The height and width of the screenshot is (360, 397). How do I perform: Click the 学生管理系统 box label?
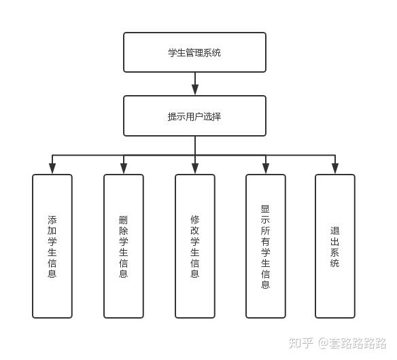(x=194, y=52)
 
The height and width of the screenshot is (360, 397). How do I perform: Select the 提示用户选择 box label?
(x=194, y=117)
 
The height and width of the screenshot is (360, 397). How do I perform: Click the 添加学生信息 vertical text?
(x=52, y=247)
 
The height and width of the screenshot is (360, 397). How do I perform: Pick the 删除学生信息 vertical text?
(x=123, y=247)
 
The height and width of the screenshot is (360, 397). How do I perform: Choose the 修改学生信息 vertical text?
(x=194, y=247)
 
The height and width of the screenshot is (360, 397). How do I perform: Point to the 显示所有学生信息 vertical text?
(x=265, y=247)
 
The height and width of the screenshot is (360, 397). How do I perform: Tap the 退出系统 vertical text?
(x=334, y=247)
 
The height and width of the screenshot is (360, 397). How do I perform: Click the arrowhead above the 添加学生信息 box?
(x=52, y=168)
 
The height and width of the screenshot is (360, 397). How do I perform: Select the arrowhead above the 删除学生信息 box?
(x=124, y=168)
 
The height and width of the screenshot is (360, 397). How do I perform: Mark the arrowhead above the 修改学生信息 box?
(x=195, y=168)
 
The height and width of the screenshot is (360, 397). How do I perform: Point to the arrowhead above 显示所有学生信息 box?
(x=266, y=168)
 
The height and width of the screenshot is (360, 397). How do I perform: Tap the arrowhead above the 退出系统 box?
(x=335, y=168)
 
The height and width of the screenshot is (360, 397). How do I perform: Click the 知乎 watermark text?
(x=301, y=343)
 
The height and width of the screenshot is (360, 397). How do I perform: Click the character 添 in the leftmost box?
(x=52, y=220)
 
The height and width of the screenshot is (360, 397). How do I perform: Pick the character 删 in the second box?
(x=123, y=220)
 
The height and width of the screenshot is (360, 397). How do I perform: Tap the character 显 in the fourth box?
(x=265, y=209)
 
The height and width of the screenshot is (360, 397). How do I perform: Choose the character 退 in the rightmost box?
(x=334, y=230)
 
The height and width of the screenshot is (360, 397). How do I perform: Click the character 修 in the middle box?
(x=194, y=220)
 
